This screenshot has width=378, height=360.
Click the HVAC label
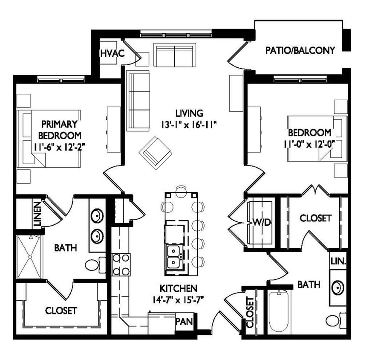(112, 53)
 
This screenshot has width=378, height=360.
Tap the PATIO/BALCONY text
(300, 50)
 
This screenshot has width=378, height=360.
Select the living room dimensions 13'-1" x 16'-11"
(190, 125)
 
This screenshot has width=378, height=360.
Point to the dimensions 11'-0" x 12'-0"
(309, 143)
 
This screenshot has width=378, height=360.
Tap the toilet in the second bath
(335, 319)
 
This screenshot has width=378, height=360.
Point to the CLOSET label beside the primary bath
(61, 310)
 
